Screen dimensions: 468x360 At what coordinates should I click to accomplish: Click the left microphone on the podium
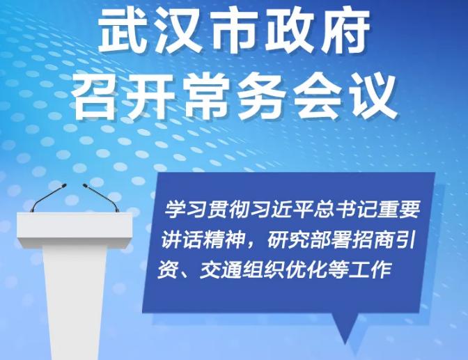(x=49, y=197)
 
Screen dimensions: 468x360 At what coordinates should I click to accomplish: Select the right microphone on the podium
(x=101, y=197)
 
